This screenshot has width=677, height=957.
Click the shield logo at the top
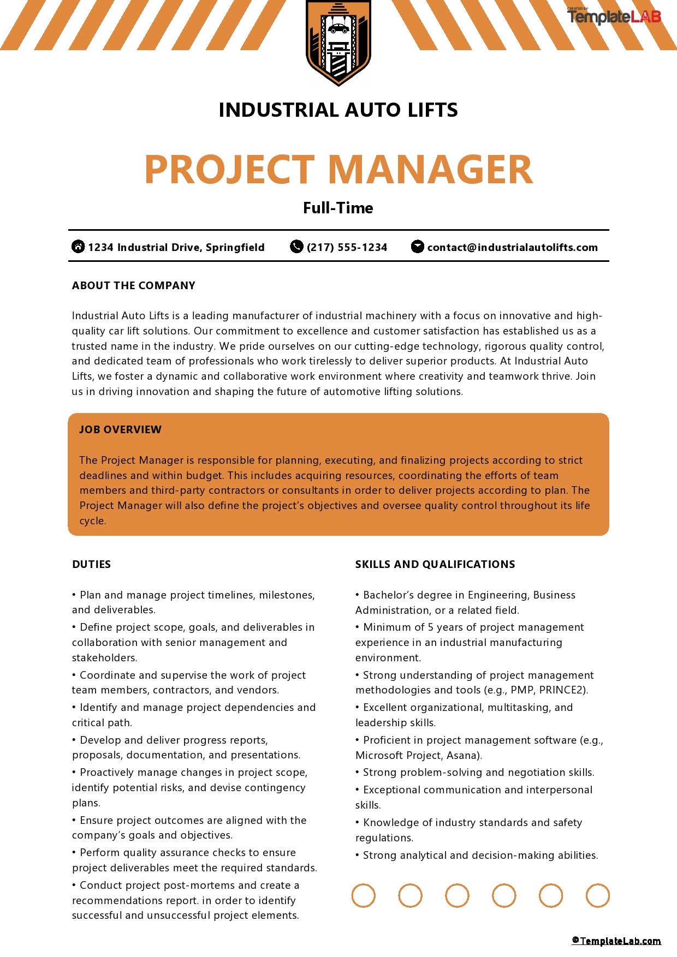tap(338, 43)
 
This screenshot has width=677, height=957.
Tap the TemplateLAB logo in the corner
tap(614, 17)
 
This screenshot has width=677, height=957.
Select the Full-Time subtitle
tap(338, 208)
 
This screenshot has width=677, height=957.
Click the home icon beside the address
tap(78, 247)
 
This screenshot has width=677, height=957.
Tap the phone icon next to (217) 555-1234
tap(296, 247)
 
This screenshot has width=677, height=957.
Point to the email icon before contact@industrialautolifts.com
tap(417, 247)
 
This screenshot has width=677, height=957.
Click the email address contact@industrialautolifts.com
tap(512, 247)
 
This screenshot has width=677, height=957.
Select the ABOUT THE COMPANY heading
tap(133, 285)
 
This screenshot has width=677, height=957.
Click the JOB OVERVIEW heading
tap(120, 429)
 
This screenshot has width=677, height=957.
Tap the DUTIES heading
tap(91, 564)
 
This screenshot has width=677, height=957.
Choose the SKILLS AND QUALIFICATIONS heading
tap(435, 564)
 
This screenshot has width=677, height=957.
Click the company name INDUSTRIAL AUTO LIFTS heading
tap(338, 110)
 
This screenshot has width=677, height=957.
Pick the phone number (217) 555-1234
tap(347, 247)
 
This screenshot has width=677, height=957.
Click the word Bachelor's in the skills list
tap(390, 595)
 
